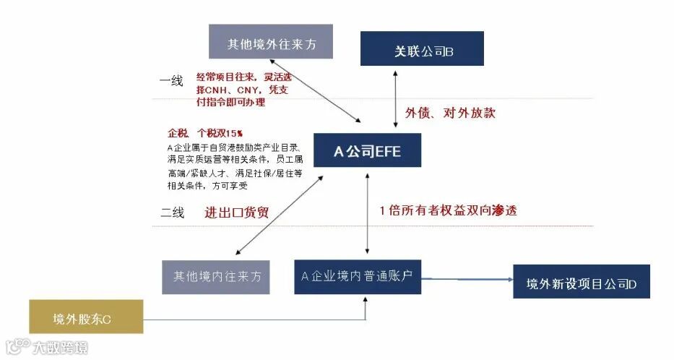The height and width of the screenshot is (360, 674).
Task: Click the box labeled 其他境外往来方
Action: [x=272, y=41]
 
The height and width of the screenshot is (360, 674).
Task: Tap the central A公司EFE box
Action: [x=367, y=151]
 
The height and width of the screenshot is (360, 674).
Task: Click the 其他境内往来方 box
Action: [x=216, y=275]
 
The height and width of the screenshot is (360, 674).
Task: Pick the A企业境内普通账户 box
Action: [x=358, y=275]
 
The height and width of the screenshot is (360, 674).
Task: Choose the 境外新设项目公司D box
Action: [x=582, y=281]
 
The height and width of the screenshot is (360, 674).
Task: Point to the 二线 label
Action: [x=172, y=213]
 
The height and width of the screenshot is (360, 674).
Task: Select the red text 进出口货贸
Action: [x=241, y=212]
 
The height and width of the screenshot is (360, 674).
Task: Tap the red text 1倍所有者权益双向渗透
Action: [x=448, y=211]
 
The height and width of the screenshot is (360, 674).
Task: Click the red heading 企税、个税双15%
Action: [x=205, y=134]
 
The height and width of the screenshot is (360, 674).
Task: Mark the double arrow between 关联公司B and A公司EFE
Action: [x=395, y=99]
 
